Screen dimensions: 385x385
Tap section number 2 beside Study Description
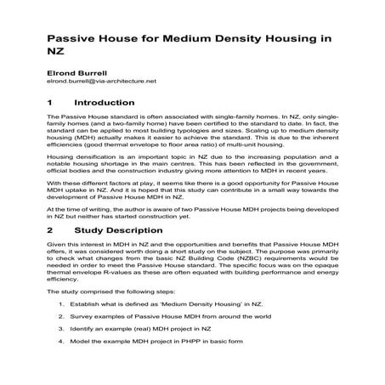[x=51, y=229]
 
